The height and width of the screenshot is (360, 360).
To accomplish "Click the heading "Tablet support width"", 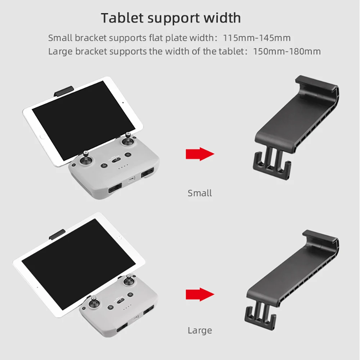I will (171, 18).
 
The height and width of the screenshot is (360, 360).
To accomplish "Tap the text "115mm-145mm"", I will (257, 37).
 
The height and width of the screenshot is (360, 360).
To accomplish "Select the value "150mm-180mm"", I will (287, 51).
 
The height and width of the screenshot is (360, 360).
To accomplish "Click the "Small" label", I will (200, 193).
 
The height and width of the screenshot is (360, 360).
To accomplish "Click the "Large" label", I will (200, 330).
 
